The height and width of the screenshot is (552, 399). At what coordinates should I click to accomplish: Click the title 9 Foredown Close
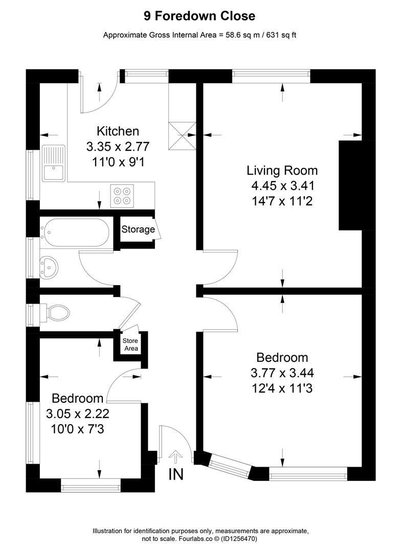click(x=199, y=16)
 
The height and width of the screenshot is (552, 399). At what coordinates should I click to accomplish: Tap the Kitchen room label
click(x=118, y=131)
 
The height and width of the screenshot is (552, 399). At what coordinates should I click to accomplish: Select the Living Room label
click(x=282, y=170)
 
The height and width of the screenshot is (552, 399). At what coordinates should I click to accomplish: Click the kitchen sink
click(x=53, y=163)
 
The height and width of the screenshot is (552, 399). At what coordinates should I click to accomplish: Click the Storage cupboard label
click(x=138, y=229)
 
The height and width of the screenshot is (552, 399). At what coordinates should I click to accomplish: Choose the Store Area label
click(x=130, y=345)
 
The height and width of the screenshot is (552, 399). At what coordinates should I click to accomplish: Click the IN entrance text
click(x=175, y=474)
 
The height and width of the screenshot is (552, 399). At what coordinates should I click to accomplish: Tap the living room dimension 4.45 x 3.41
click(x=282, y=186)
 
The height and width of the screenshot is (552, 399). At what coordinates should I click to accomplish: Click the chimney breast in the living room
click(x=351, y=185)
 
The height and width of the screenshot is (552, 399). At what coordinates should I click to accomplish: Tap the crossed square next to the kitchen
click(x=183, y=135)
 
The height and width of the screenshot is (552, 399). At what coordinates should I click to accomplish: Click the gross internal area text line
click(x=199, y=35)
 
